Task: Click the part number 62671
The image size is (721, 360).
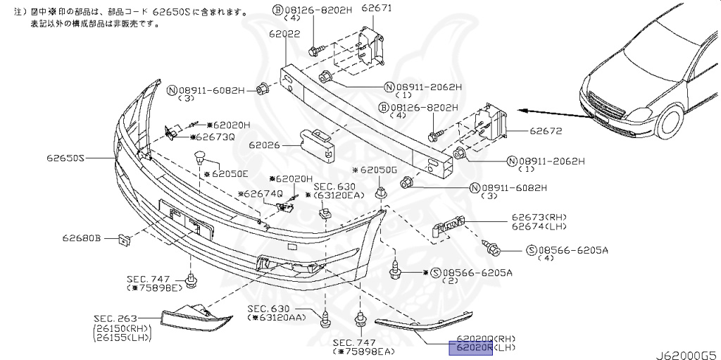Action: tap(376, 8)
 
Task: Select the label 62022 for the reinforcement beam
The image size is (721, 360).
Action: tap(282, 33)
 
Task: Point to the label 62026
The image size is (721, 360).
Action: tap(263, 146)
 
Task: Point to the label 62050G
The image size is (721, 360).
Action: tap(377, 170)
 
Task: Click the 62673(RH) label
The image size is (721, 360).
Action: tap(539, 217)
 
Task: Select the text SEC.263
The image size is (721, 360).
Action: tap(115, 318)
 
